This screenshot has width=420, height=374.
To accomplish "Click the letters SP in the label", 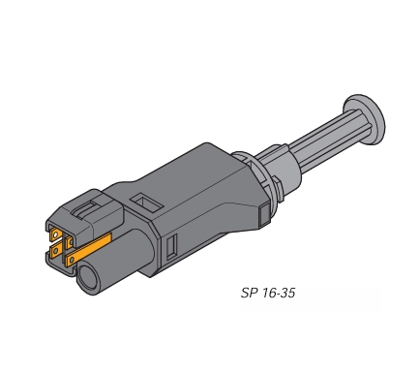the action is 248,293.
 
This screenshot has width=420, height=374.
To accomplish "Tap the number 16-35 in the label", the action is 279,293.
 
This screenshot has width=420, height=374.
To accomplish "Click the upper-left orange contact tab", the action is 55,234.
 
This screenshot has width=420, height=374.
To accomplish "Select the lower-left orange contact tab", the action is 56,250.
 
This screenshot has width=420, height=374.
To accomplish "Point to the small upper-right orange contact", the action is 69,242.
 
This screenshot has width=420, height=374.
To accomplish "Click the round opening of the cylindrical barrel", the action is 88,277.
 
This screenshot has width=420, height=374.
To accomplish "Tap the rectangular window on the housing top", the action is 146,203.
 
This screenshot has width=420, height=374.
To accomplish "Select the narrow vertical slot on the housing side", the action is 172,246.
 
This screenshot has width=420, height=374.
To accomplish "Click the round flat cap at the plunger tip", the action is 365,119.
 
